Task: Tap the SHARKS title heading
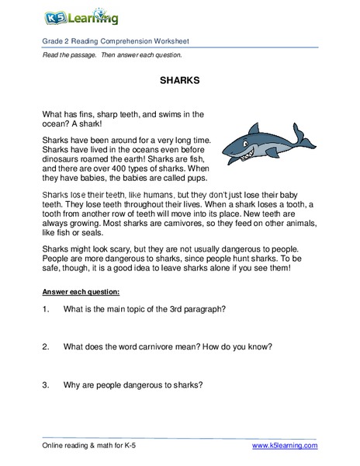pyautogui.click(x=180, y=80)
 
